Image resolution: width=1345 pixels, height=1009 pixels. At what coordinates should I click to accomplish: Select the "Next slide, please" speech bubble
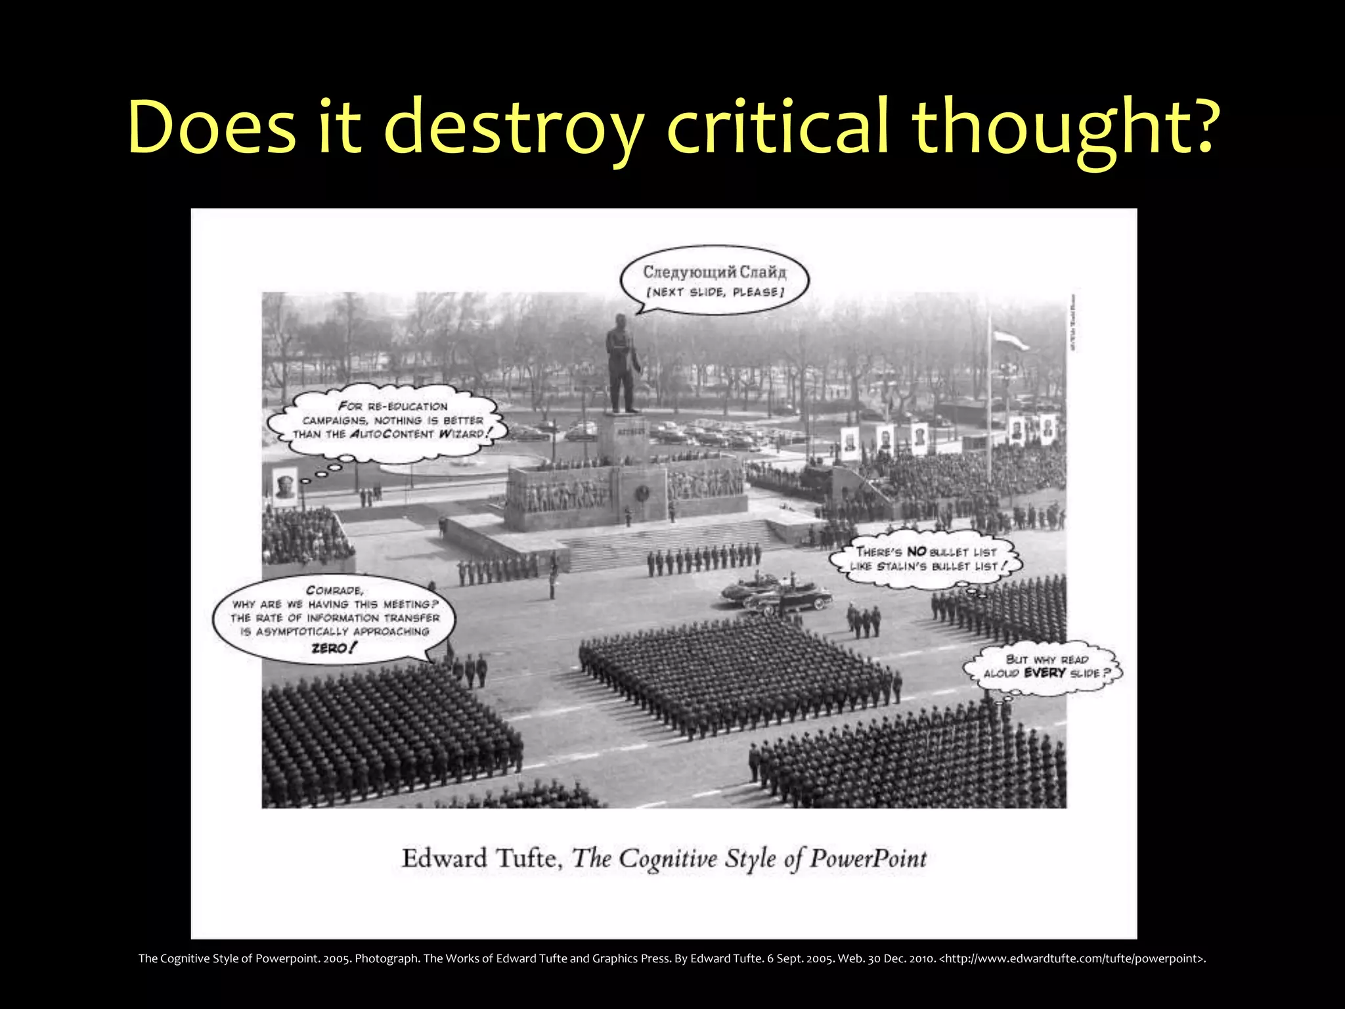coord(715,281)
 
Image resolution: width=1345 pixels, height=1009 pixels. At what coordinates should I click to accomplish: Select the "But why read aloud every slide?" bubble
coord(1044,667)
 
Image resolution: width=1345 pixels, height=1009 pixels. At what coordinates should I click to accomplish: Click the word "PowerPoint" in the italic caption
coord(868,859)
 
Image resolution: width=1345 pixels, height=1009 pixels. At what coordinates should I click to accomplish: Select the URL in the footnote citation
coord(1072,958)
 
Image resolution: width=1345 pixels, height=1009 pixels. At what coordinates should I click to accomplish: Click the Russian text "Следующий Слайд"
coord(715,271)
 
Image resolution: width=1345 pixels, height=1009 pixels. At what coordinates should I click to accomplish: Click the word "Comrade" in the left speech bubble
coord(334,590)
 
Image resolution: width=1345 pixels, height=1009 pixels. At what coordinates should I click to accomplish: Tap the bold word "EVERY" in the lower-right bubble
coord(1044,673)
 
